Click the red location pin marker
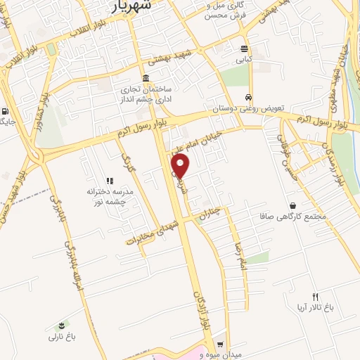(x=181, y=165)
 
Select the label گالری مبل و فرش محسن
(x=226, y=10)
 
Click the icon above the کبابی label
(x=244, y=49)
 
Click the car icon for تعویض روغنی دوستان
(x=248, y=97)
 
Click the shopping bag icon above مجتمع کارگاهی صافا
(x=292, y=205)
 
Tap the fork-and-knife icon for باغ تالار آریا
(x=315, y=297)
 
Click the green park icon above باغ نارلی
(x=63, y=326)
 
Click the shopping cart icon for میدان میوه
(x=220, y=345)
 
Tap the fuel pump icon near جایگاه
(x=6, y=111)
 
